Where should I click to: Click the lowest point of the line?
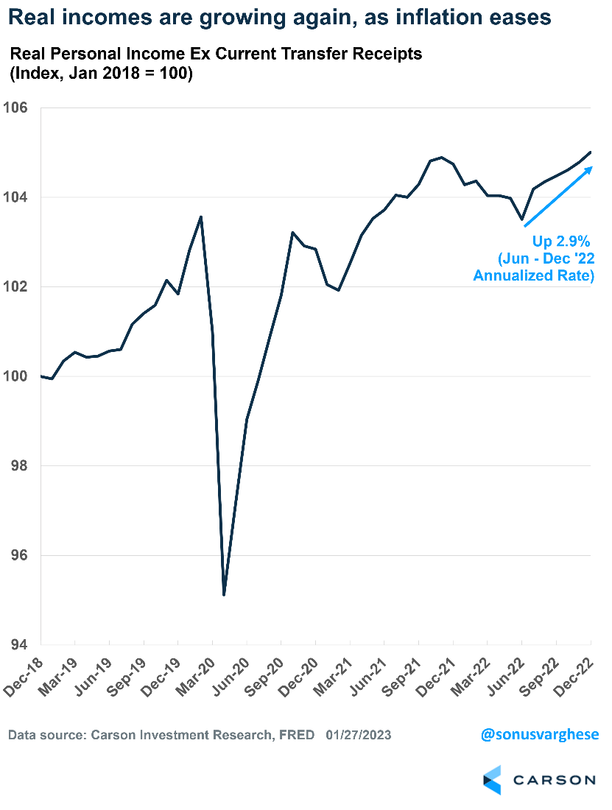pos(224,594)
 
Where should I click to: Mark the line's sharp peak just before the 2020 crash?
pos(201,216)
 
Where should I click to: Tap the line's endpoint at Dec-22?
pos(591,152)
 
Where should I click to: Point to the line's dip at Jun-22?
pos(522,219)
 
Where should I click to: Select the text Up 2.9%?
pos(562,241)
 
